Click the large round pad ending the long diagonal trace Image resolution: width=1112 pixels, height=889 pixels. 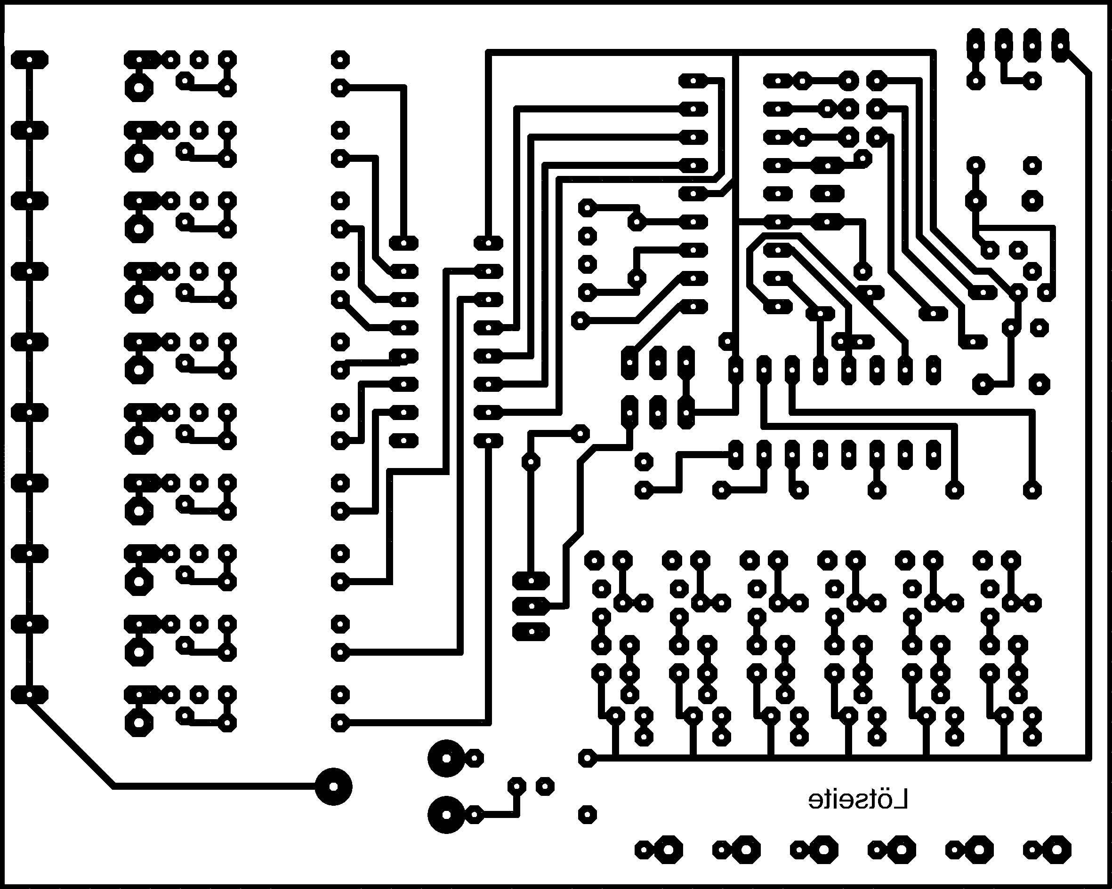coord(333,786)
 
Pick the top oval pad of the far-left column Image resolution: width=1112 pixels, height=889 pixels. coord(29,60)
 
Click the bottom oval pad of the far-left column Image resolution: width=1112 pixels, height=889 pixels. coord(29,695)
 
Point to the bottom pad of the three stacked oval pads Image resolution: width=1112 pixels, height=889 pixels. coord(531,631)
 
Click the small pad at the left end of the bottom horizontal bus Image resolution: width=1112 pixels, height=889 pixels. coord(587,758)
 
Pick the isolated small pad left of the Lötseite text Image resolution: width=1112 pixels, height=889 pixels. coord(587,815)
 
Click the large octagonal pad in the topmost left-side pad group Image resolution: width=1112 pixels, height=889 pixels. coord(139,88)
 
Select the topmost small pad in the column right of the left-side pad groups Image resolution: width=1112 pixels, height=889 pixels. coord(339,60)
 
